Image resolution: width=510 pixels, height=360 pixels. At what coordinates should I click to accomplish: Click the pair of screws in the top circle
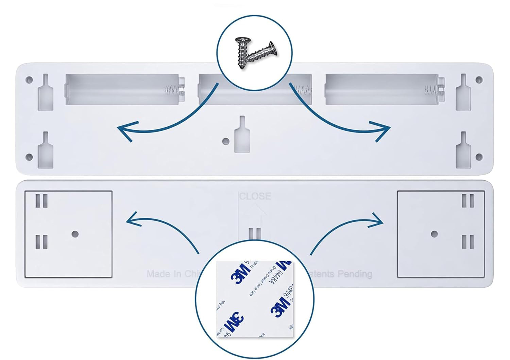pos(255,53)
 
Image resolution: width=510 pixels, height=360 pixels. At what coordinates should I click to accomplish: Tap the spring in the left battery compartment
pos(172,90)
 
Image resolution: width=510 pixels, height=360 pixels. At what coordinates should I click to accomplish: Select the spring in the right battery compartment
pos(431,90)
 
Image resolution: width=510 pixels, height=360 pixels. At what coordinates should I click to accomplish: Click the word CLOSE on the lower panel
pos(255,196)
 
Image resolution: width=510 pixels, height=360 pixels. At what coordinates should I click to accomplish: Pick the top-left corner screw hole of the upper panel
pos(29,80)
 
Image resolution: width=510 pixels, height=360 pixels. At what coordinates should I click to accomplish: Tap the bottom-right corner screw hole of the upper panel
pos(479,157)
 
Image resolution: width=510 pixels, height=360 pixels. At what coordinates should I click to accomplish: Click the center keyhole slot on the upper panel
pos(242,136)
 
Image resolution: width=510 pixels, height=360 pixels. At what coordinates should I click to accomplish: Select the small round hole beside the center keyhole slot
pos(226,141)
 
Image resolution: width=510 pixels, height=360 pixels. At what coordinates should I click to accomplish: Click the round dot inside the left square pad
pos(75,234)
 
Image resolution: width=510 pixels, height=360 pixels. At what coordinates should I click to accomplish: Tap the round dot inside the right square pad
pos(434,234)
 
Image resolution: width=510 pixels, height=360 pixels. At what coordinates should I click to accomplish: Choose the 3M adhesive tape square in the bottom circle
pos(255,299)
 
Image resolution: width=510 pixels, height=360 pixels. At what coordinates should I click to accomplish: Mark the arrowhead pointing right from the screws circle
pos(382,130)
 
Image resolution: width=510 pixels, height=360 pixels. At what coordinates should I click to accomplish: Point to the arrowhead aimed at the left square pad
pos(133,220)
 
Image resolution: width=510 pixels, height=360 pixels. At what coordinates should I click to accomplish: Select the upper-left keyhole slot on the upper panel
pos(45,93)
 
